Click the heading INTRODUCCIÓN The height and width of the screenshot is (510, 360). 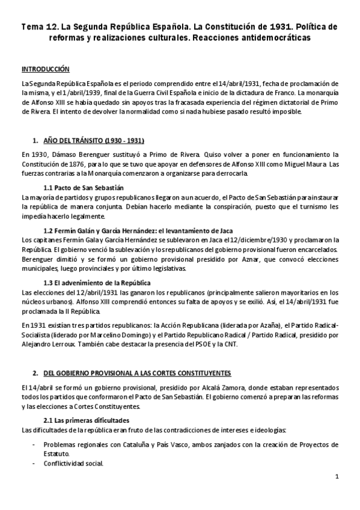point(45,69)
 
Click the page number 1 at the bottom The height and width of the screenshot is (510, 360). point(337,477)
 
